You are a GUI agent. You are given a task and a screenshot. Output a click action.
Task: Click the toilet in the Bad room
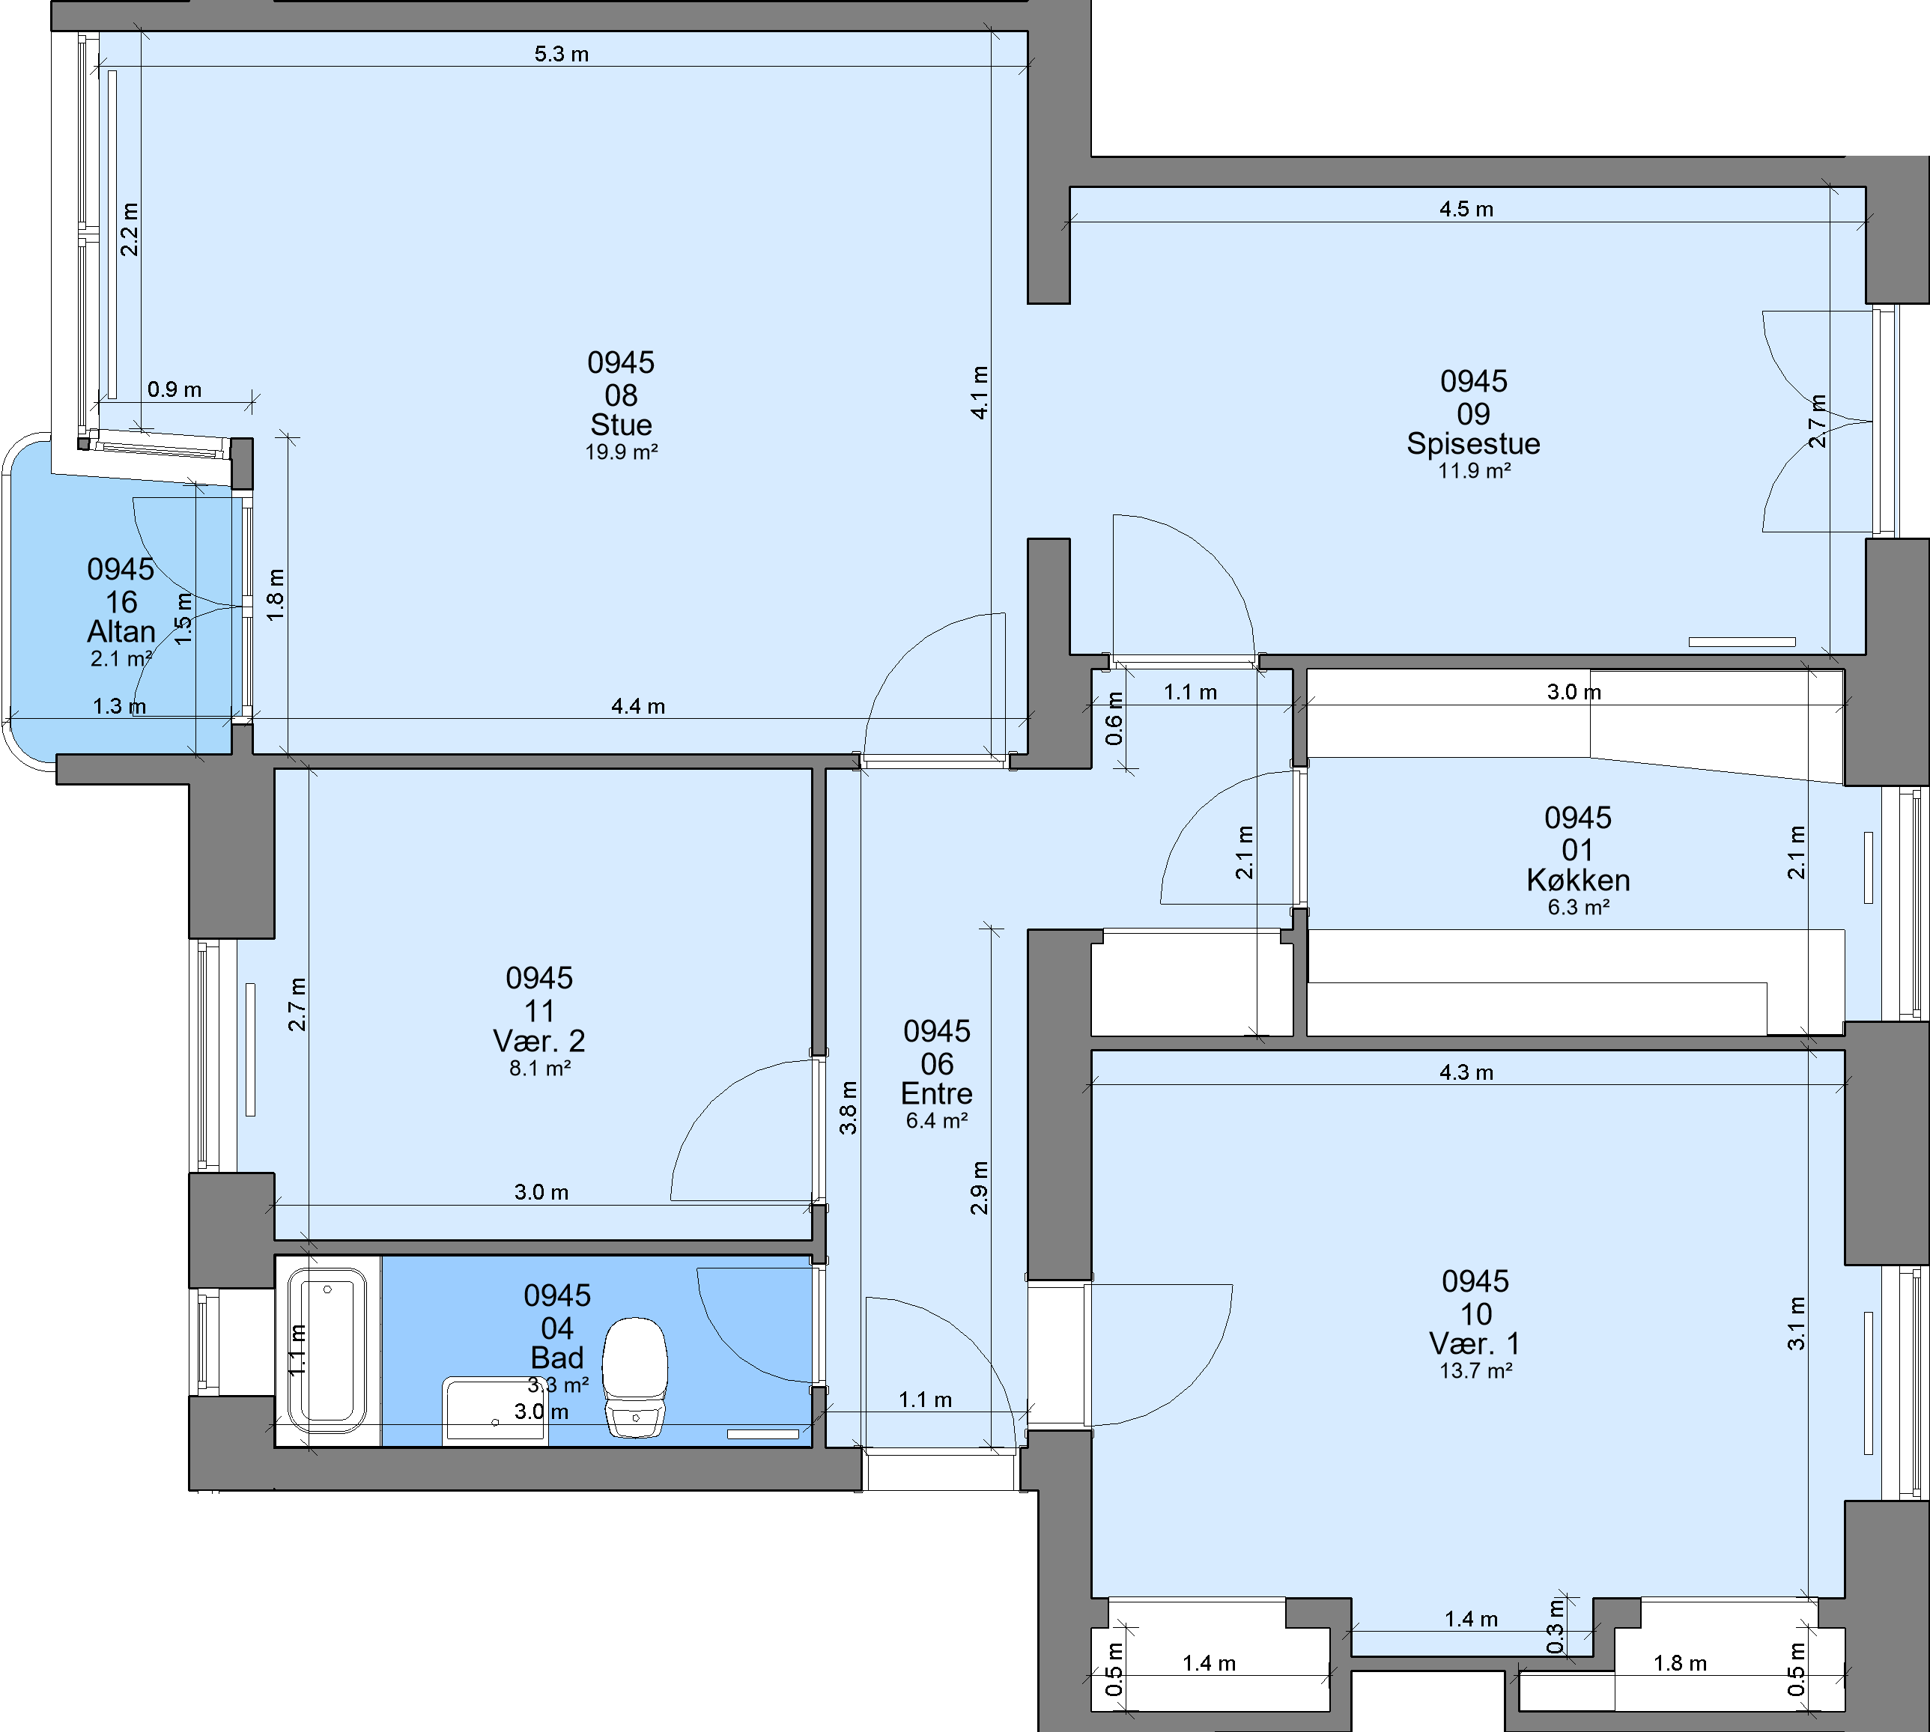pyautogui.click(x=635, y=1377)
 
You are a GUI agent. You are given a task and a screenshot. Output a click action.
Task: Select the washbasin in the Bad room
pyautogui.click(x=495, y=1410)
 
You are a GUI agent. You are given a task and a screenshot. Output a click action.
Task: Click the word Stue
pyautogui.click(x=622, y=425)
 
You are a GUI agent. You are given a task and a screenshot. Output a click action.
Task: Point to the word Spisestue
pyautogui.click(x=1473, y=443)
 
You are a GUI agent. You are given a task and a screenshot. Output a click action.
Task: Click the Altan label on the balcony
pyautogui.click(x=121, y=631)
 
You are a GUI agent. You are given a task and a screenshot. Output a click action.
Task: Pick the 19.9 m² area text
pyautogui.click(x=622, y=452)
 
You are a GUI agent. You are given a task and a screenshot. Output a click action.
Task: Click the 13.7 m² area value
pyautogui.click(x=1476, y=1370)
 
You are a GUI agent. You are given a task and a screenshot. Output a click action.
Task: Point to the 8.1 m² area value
pyautogui.click(x=539, y=1068)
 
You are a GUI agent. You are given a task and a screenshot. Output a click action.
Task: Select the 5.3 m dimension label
pyautogui.click(x=562, y=54)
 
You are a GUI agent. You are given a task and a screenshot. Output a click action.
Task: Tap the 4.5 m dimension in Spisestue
pyautogui.click(x=1466, y=210)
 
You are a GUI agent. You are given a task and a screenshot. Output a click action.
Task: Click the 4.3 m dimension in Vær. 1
pyautogui.click(x=1466, y=1072)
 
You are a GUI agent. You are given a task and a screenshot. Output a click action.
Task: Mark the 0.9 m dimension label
pyautogui.click(x=175, y=389)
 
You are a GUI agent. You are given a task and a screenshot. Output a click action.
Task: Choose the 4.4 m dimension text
pyautogui.click(x=637, y=706)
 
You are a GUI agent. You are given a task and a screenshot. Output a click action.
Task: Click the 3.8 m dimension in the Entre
pyautogui.click(x=848, y=1107)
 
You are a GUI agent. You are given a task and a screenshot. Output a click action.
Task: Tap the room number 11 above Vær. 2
pyautogui.click(x=538, y=1011)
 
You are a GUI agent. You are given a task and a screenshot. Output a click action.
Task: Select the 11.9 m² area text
pyautogui.click(x=1474, y=470)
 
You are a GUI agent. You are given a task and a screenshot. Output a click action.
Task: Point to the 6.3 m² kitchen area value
pyautogui.click(x=1578, y=907)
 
